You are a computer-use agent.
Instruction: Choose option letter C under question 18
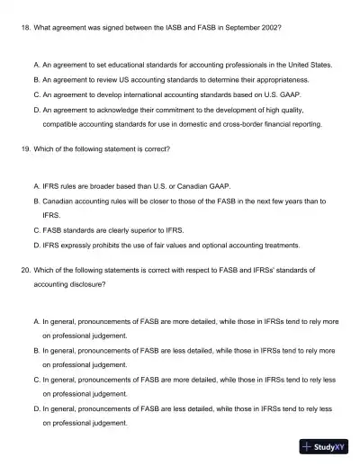35,94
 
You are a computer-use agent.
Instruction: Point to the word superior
143,229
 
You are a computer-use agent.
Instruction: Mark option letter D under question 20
35,408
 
